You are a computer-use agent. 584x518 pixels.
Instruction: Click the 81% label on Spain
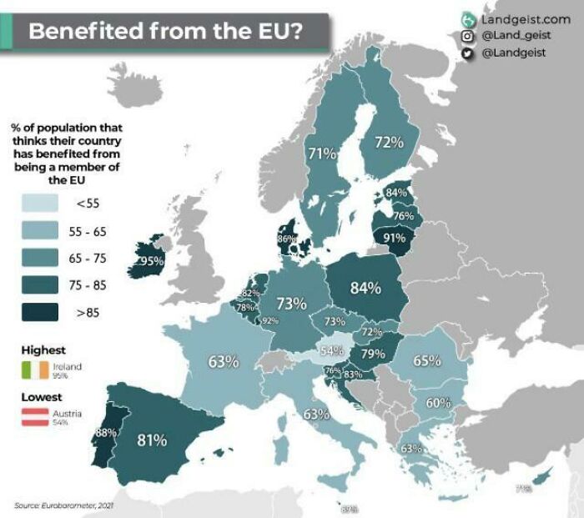click(152, 440)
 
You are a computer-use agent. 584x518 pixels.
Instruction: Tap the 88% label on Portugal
click(105, 432)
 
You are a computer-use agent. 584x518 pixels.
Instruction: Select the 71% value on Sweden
click(322, 153)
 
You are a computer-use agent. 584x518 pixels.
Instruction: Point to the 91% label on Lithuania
click(394, 237)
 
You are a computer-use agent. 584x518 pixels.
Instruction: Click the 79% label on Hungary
click(372, 355)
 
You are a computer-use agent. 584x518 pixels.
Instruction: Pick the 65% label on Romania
click(426, 360)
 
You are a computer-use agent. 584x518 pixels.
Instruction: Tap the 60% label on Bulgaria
click(438, 403)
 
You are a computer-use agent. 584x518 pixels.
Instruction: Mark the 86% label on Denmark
click(286, 239)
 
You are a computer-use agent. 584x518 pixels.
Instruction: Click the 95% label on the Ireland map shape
click(151, 261)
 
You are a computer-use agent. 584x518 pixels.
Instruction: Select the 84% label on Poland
click(365, 288)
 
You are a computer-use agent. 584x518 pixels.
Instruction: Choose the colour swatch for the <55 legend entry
click(35, 202)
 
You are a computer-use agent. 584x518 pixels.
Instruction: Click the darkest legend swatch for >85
click(35, 313)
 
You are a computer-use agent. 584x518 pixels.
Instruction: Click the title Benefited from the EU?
click(167, 32)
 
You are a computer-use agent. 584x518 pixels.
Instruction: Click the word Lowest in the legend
click(42, 398)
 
